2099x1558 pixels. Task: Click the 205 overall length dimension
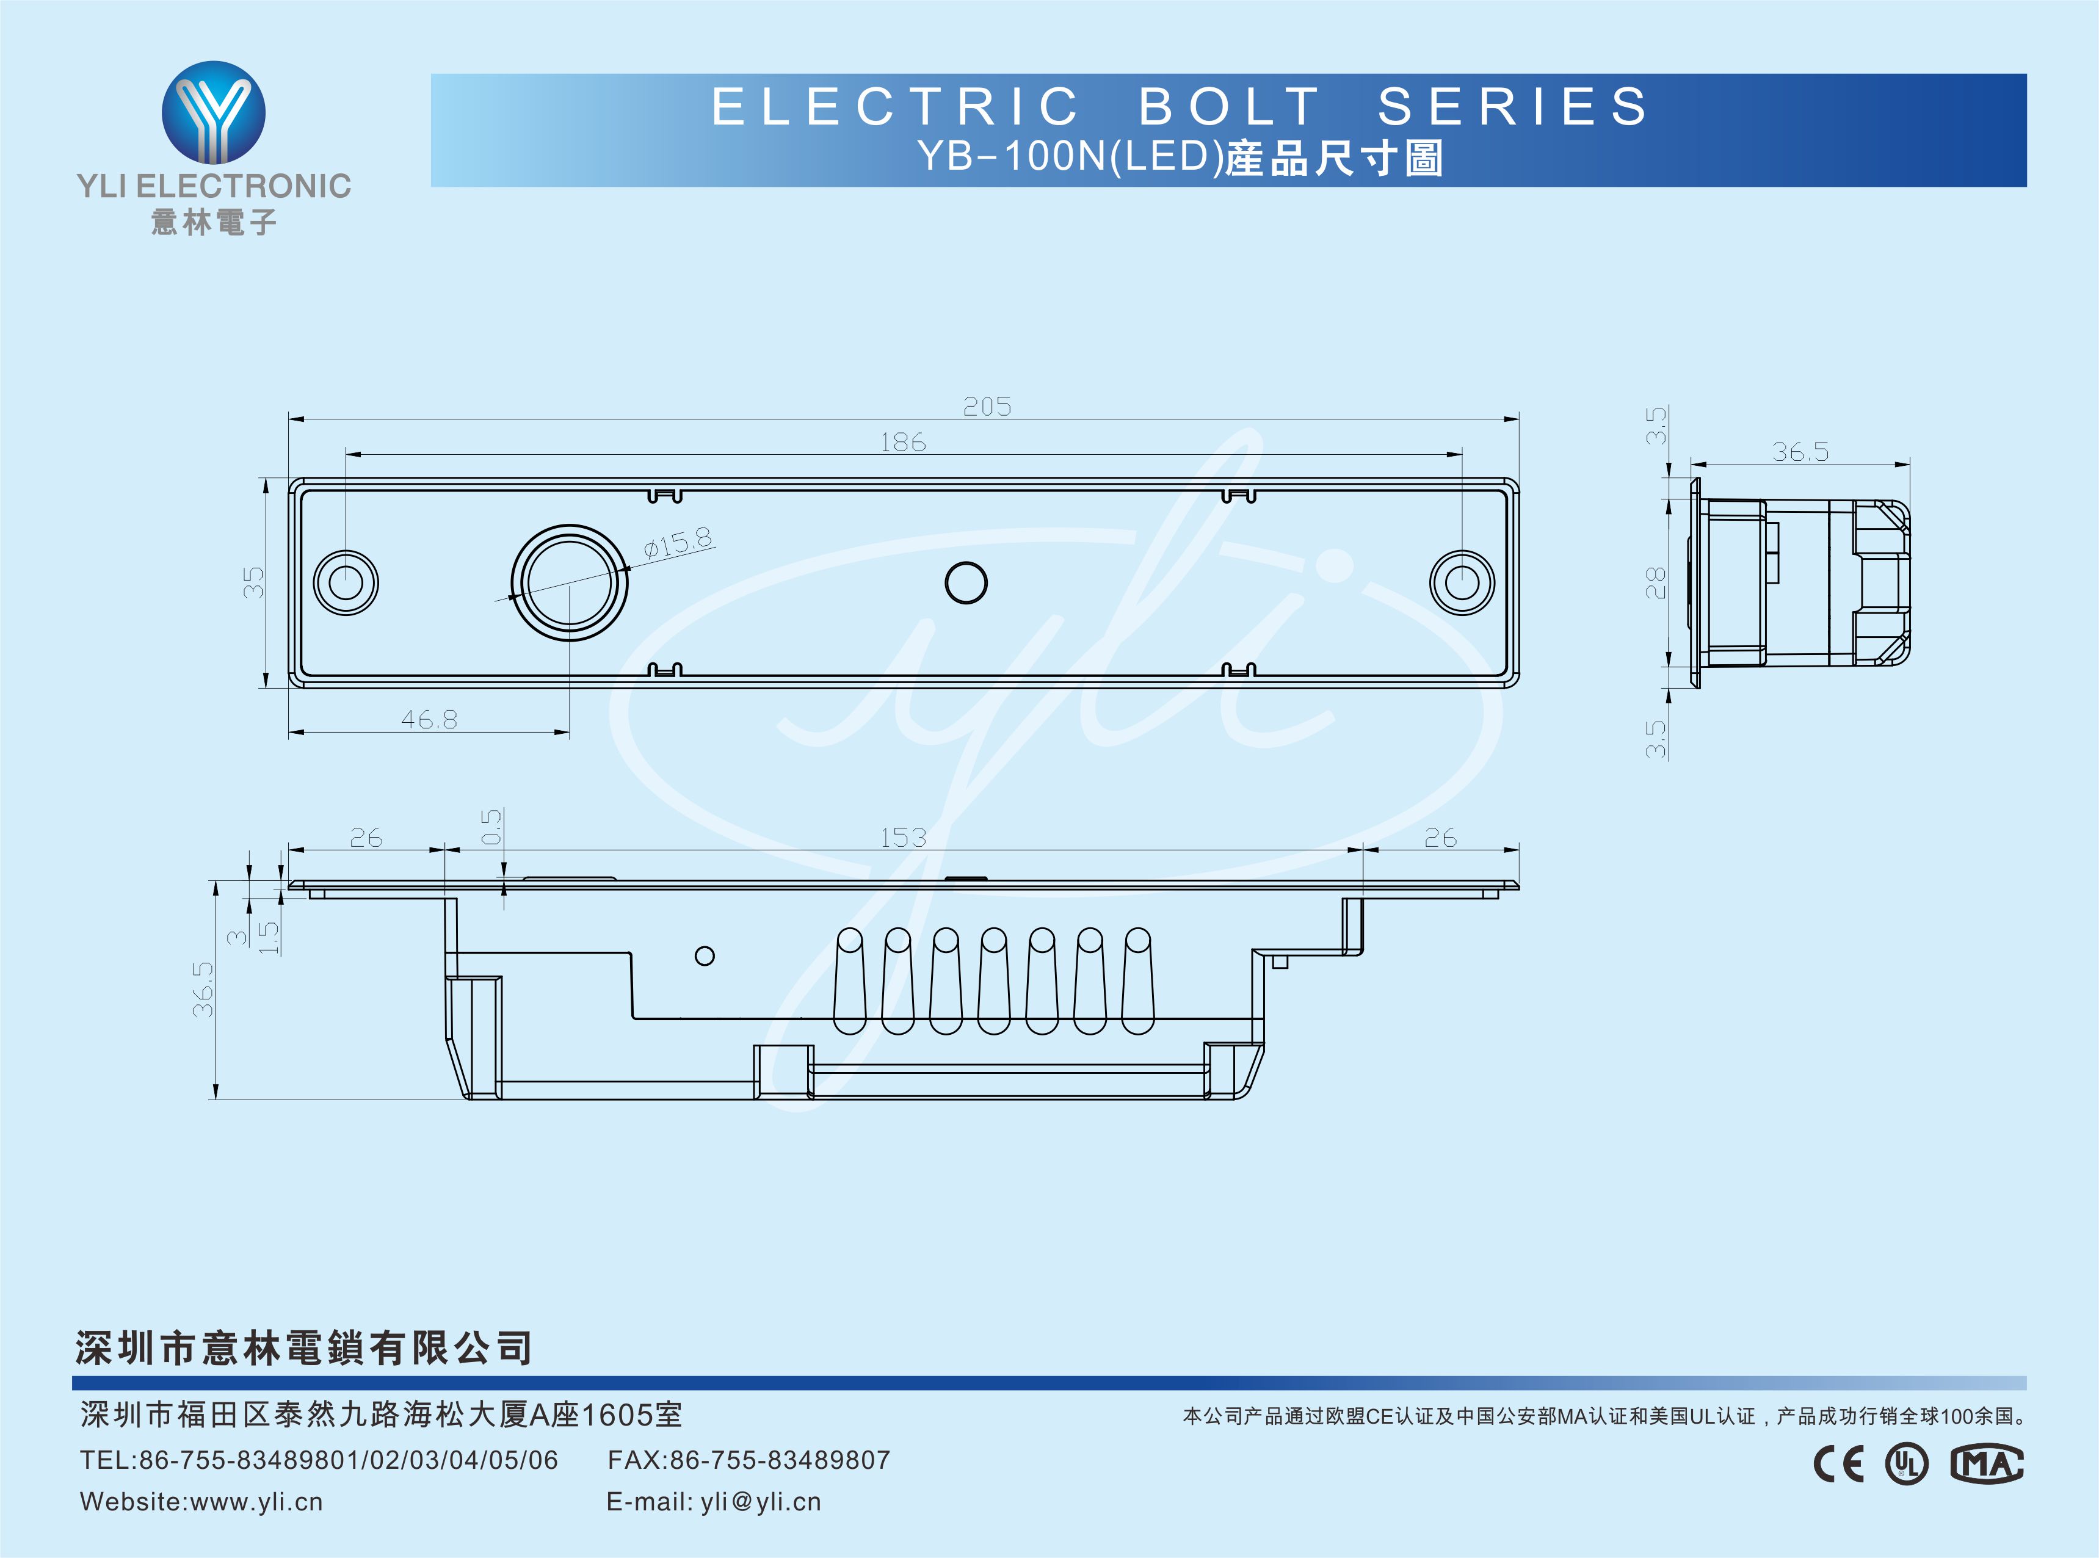tap(987, 407)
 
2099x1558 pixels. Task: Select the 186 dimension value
tap(902, 443)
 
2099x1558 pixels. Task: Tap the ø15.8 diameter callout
tap(678, 543)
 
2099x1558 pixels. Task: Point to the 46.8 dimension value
tap(429, 720)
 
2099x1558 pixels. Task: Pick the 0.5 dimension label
tap(492, 827)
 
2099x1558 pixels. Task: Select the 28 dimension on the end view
tap(1656, 583)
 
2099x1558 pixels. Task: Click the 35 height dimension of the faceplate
tap(253, 582)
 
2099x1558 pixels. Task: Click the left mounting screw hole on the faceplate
tap(346, 582)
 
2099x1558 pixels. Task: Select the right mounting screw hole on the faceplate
tap(1462, 582)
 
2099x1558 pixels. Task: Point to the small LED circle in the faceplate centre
tap(966, 583)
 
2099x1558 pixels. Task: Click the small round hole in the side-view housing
tap(705, 955)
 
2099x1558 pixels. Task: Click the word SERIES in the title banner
tap(1512, 106)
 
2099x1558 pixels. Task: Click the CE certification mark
tap(1839, 1464)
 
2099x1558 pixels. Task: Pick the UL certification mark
tap(1907, 1464)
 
